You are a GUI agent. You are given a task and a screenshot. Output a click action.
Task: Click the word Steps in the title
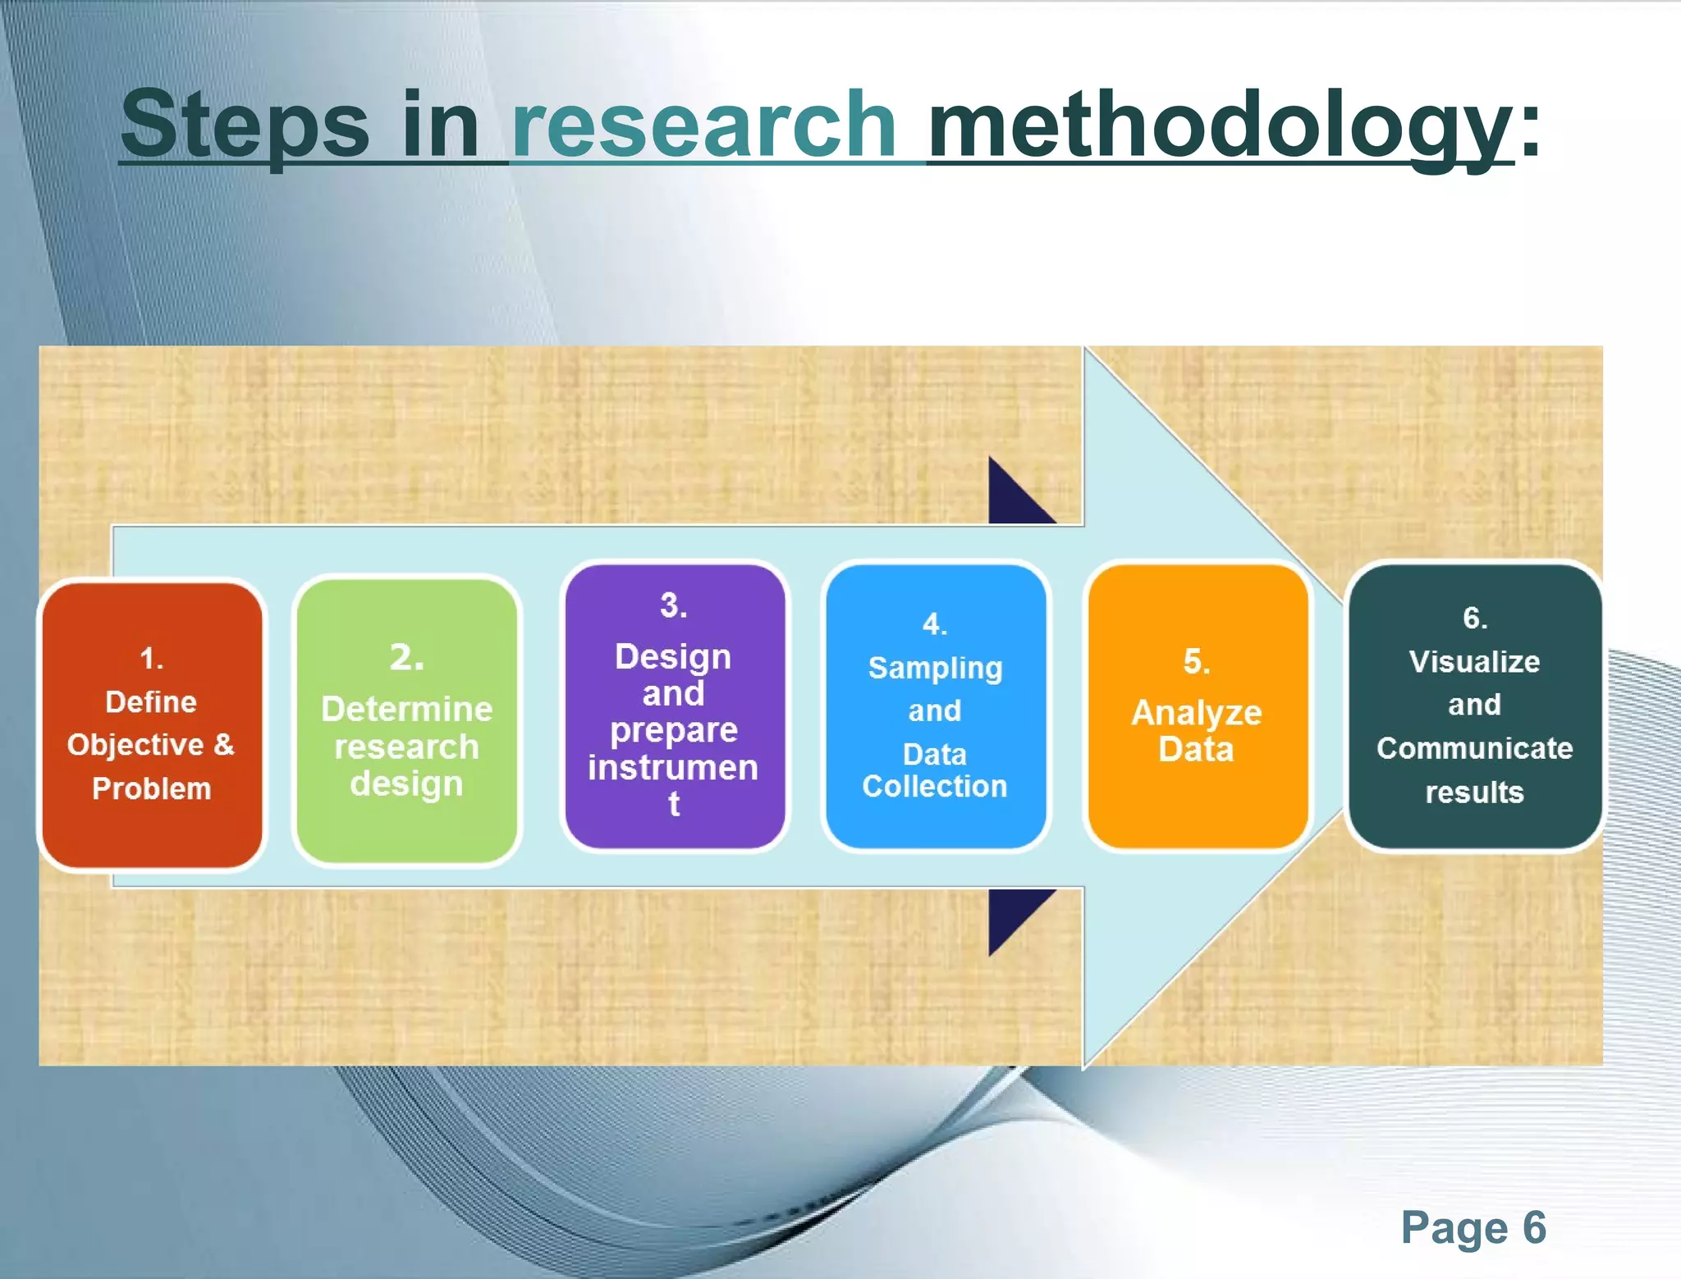[245, 125]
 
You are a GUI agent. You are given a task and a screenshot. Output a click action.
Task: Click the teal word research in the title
[703, 125]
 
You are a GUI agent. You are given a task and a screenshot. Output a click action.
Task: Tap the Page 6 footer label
[1473, 1227]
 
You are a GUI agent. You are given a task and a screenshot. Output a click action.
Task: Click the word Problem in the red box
[152, 788]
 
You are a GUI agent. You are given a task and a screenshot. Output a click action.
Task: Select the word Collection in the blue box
[934, 786]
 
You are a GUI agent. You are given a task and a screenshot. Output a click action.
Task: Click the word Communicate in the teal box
[1474, 748]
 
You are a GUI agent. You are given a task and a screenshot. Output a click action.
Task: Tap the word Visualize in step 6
[1474, 661]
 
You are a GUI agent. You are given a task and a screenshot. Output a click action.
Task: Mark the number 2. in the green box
[406, 657]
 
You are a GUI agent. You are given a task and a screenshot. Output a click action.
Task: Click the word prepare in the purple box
[673, 730]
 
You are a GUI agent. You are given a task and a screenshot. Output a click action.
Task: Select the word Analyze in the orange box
[1196, 713]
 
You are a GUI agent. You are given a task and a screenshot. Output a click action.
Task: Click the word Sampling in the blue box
[935, 668]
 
